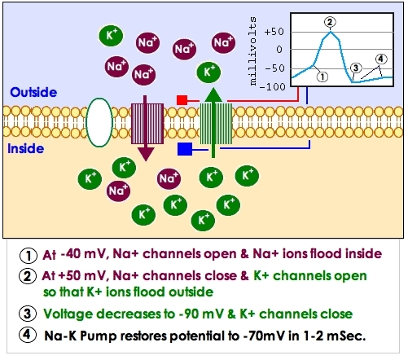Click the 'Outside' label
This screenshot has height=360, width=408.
[x=33, y=92]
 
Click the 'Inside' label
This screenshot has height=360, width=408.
[x=26, y=149]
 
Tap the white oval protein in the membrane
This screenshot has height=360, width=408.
[x=99, y=122]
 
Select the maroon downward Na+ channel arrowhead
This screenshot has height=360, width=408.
[x=146, y=154]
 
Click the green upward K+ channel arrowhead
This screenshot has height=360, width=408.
[x=213, y=94]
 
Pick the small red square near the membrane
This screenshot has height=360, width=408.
[x=182, y=100]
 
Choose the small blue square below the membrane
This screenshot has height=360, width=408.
[x=185, y=149]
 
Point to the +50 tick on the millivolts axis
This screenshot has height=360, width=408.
[x=274, y=32]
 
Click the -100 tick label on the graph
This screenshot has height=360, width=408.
[x=272, y=87]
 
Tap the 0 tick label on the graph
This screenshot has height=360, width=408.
[x=279, y=50]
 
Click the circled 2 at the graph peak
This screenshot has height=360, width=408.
[x=330, y=22]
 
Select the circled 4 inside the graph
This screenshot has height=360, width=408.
[x=381, y=59]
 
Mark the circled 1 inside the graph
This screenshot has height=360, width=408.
[x=322, y=77]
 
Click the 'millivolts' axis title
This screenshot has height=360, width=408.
[x=252, y=51]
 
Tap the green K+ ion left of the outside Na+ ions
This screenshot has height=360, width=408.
[x=111, y=36]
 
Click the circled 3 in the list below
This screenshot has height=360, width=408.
[x=28, y=314]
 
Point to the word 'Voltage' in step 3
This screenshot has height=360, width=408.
[x=68, y=314]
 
